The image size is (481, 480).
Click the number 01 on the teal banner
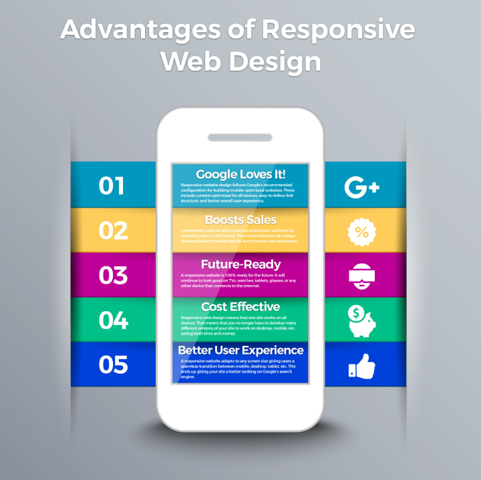pyautogui.click(x=112, y=186)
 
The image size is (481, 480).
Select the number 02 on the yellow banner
pyautogui.click(x=112, y=230)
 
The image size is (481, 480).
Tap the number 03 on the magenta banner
pyautogui.click(x=112, y=275)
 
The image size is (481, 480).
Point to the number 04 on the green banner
pyautogui.click(x=112, y=320)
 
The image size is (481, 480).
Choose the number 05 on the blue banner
pyautogui.click(x=112, y=365)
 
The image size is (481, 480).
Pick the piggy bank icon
pyautogui.click(x=363, y=322)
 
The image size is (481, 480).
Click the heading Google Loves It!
pyautogui.click(x=240, y=175)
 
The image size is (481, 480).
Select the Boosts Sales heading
pyautogui.click(x=240, y=220)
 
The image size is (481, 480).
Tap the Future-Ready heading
pyautogui.click(x=240, y=264)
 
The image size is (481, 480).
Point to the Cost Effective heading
pyautogui.click(x=240, y=306)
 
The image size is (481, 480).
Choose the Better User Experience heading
pyautogui.click(x=240, y=350)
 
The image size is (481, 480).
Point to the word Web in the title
pyautogui.click(x=192, y=61)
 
